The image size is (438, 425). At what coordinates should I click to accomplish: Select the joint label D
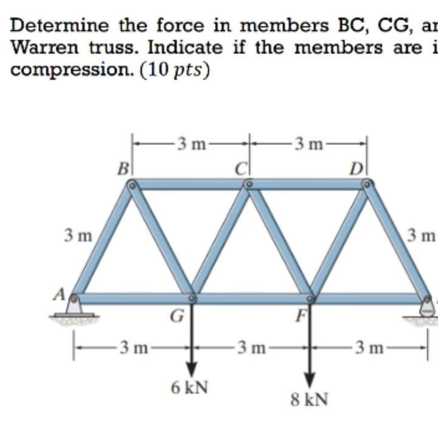pos(356,166)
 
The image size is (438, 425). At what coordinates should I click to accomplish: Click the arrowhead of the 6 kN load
pos(192,368)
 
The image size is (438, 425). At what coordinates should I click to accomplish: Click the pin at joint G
pos(192,298)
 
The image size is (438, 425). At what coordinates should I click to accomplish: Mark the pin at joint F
pos(310,298)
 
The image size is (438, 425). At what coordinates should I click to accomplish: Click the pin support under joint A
pos(75,307)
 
